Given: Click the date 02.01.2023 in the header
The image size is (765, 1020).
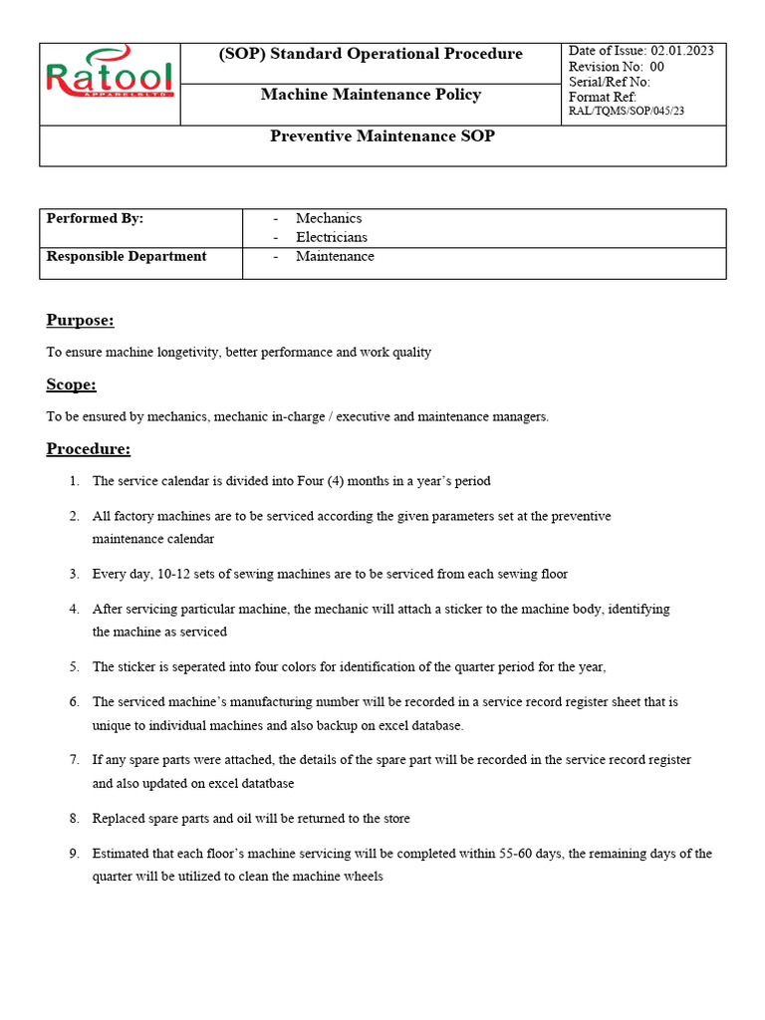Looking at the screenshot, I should pos(682,51).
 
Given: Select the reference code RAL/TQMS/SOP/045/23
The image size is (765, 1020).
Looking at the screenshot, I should pos(627,111).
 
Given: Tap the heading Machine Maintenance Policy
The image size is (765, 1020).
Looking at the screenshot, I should pos(371,95).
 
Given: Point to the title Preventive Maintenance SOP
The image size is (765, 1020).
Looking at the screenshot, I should pos(382,136).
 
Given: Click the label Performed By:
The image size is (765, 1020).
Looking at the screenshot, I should pos(95,218).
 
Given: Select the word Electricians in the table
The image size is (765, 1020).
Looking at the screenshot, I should pos(331,237).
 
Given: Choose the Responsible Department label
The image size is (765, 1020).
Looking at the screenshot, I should pos(127,256).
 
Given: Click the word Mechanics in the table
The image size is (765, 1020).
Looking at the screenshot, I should pos(329,218).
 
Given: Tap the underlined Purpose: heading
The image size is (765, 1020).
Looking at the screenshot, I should pos(80,320).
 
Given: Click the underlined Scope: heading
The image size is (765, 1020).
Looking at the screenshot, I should pos(71,384).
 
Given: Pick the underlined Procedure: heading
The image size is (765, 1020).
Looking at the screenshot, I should pos(88,448).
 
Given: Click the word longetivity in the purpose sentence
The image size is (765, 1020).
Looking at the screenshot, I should pos(186,353).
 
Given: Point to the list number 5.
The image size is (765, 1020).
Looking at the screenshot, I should pos(74,667).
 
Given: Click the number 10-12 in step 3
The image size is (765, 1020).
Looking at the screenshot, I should pos(170,574).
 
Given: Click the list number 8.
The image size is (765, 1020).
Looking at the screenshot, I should pos(74,818).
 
